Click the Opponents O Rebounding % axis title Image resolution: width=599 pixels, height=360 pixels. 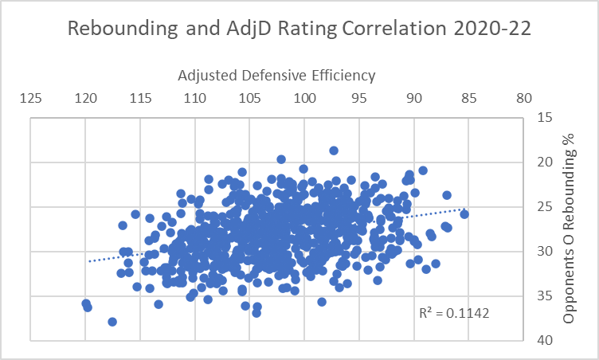tap(569, 229)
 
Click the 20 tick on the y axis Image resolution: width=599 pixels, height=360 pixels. tap(546, 163)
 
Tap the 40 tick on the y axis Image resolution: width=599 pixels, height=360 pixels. tap(546, 340)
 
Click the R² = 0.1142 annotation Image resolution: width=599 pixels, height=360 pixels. tap(454, 313)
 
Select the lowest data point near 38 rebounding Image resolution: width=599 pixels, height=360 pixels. tap(112, 322)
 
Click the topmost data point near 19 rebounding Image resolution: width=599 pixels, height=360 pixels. tap(334, 151)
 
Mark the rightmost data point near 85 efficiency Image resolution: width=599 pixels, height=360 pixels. tap(464, 213)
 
